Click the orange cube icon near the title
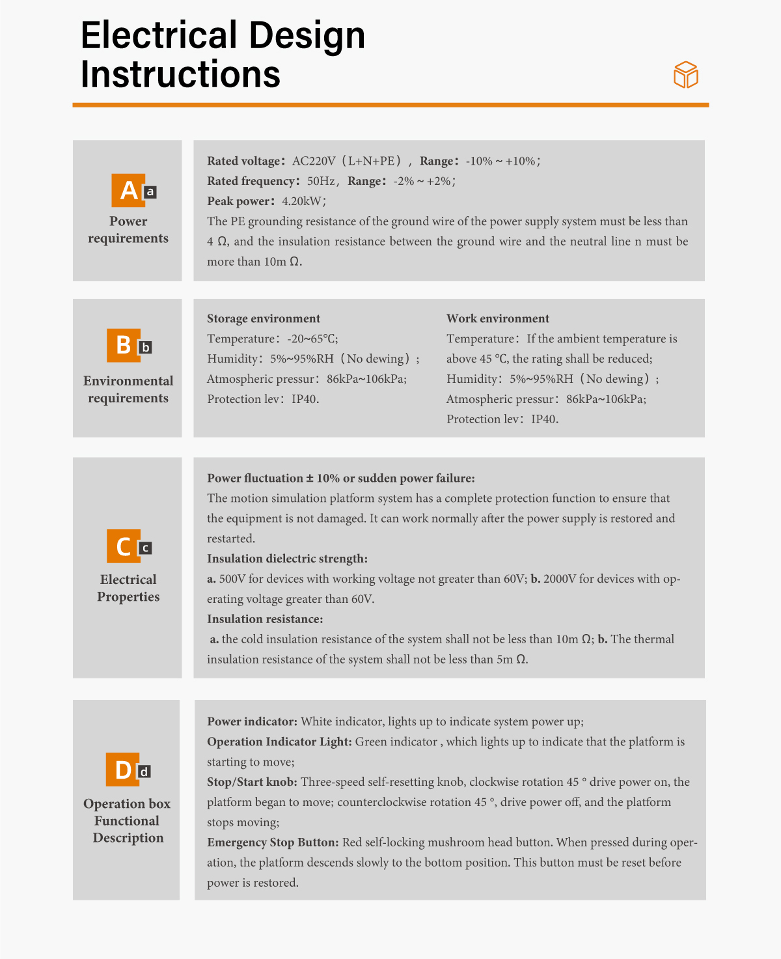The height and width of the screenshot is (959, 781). pyautogui.click(x=685, y=75)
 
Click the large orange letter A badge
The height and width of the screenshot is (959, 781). pyautogui.click(x=128, y=190)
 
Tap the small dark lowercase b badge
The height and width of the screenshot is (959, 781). pyautogui.click(x=146, y=348)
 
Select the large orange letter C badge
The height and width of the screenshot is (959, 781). pyautogui.click(x=123, y=546)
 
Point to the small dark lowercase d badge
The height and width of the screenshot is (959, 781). pyautogui.click(x=144, y=771)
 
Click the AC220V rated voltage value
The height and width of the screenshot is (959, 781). pyautogui.click(x=314, y=161)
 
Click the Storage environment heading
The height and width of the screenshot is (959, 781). pyautogui.click(x=264, y=318)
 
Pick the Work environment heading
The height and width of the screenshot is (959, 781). pyautogui.click(x=498, y=318)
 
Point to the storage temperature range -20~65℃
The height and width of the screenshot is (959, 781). pyautogui.click(x=312, y=339)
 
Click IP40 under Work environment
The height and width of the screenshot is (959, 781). pyautogui.click(x=544, y=419)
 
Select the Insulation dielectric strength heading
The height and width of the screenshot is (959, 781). pyautogui.click(x=287, y=559)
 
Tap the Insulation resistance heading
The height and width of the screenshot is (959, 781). pyautogui.click(x=265, y=619)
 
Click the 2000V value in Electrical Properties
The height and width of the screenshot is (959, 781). pyautogui.click(x=559, y=579)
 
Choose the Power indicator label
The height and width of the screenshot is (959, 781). pyautogui.click(x=252, y=721)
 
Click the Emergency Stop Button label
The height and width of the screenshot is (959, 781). pyautogui.click(x=273, y=842)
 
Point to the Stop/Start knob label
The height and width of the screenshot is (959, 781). pyautogui.click(x=252, y=782)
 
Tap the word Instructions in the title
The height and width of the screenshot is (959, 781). pyautogui.click(x=180, y=74)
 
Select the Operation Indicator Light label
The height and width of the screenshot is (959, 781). pyautogui.click(x=279, y=742)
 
